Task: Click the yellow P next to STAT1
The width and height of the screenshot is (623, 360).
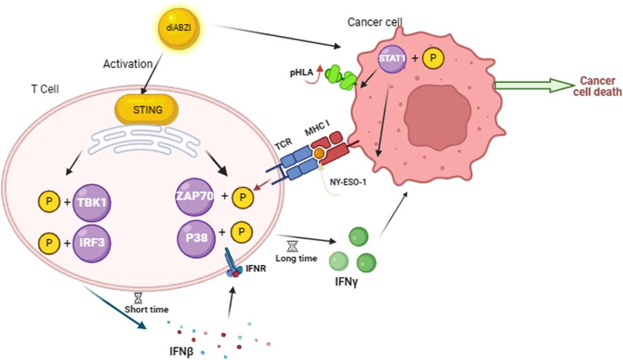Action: click(x=434, y=59)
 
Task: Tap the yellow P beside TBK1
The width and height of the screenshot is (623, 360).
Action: click(x=48, y=202)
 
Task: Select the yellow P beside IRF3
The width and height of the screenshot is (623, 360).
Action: click(x=48, y=242)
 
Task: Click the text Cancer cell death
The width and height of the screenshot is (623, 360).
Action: click(x=601, y=86)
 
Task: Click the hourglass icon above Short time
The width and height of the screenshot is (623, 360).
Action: click(x=138, y=298)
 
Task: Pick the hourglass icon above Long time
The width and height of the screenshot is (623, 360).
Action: click(x=292, y=246)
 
